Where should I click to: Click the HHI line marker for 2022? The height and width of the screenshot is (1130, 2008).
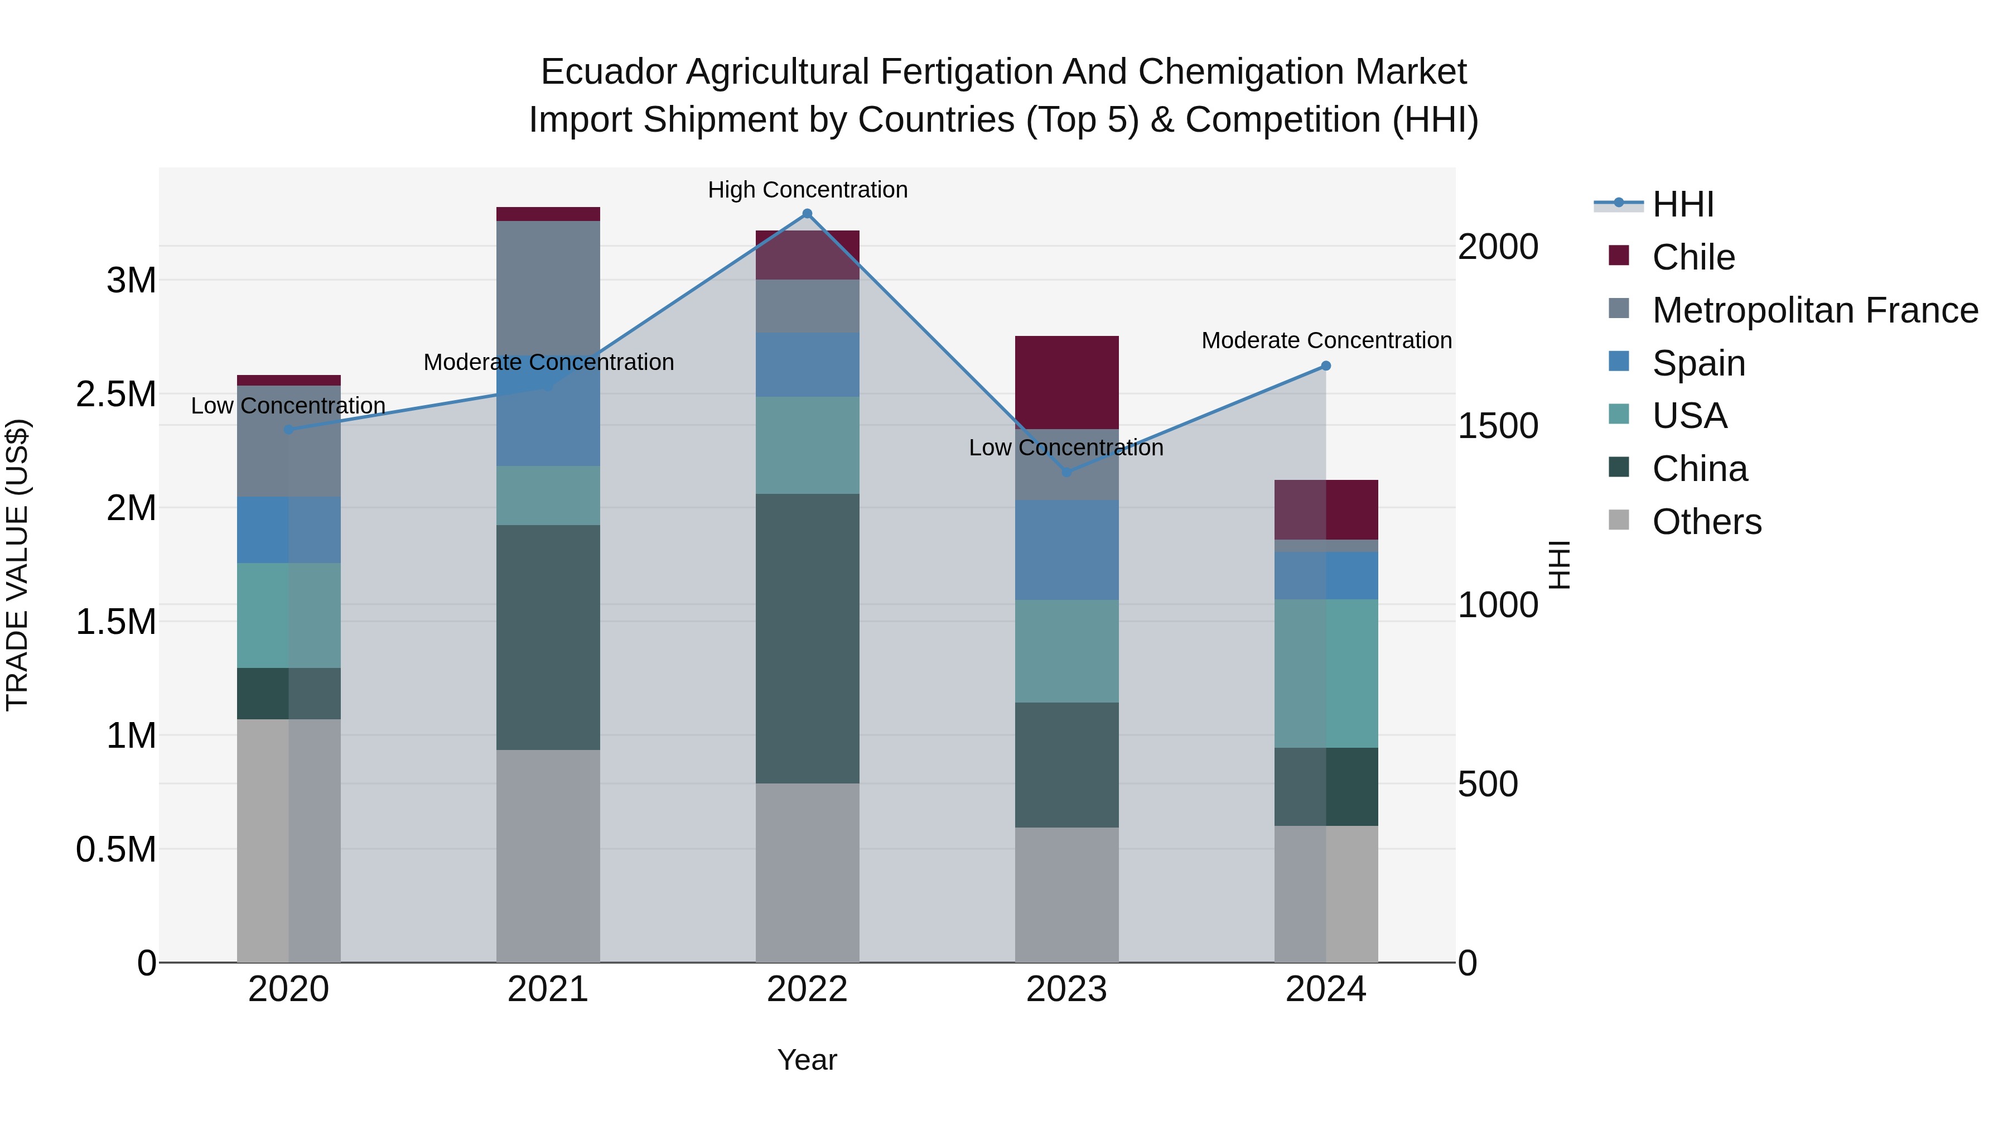[808, 214]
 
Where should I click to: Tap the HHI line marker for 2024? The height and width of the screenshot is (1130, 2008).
[1326, 366]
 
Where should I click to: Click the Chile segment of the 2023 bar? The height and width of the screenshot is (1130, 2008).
[1066, 382]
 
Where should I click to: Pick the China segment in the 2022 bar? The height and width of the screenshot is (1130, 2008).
[808, 638]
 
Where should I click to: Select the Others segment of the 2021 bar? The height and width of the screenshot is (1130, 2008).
[548, 855]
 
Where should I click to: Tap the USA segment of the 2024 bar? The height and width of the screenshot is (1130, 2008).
[1326, 673]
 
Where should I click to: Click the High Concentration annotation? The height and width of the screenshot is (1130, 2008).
[808, 190]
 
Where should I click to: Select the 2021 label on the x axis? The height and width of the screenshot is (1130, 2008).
[548, 989]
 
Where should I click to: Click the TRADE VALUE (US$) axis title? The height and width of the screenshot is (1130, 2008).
[17, 565]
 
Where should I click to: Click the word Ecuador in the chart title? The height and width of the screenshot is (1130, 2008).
[608, 72]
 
